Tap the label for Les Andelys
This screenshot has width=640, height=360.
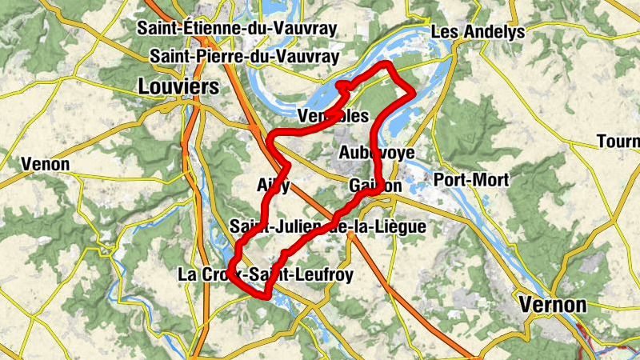(x=478, y=32)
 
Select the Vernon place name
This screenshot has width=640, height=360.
(x=553, y=304)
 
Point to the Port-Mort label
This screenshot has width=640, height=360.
(x=471, y=180)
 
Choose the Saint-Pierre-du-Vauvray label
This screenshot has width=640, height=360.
(x=245, y=57)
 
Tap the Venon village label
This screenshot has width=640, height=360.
(x=46, y=165)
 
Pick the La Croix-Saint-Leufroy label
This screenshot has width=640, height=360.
(x=265, y=275)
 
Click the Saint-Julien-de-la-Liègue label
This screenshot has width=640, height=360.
(x=327, y=227)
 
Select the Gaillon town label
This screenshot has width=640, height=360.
(x=375, y=186)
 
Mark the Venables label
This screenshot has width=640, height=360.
(x=333, y=116)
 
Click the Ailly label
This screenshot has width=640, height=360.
(x=273, y=185)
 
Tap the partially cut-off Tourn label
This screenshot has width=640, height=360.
(x=618, y=142)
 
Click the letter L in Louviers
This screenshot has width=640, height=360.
(x=144, y=86)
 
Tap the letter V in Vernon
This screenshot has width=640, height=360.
(x=526, y=304)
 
